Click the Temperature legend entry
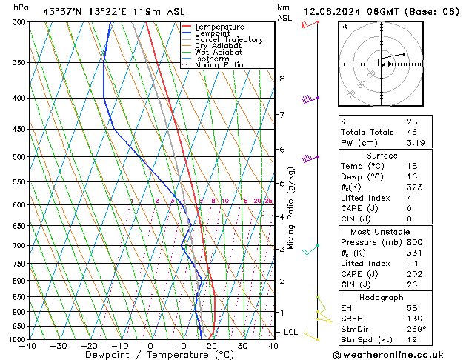click(219, 27)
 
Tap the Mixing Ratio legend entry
click(219, 65)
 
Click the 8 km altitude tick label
click(282, 79)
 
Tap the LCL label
click(290, 332)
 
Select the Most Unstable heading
click(380, 231)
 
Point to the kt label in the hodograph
click(344, 26)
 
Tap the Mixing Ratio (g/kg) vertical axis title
click(291, 207)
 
